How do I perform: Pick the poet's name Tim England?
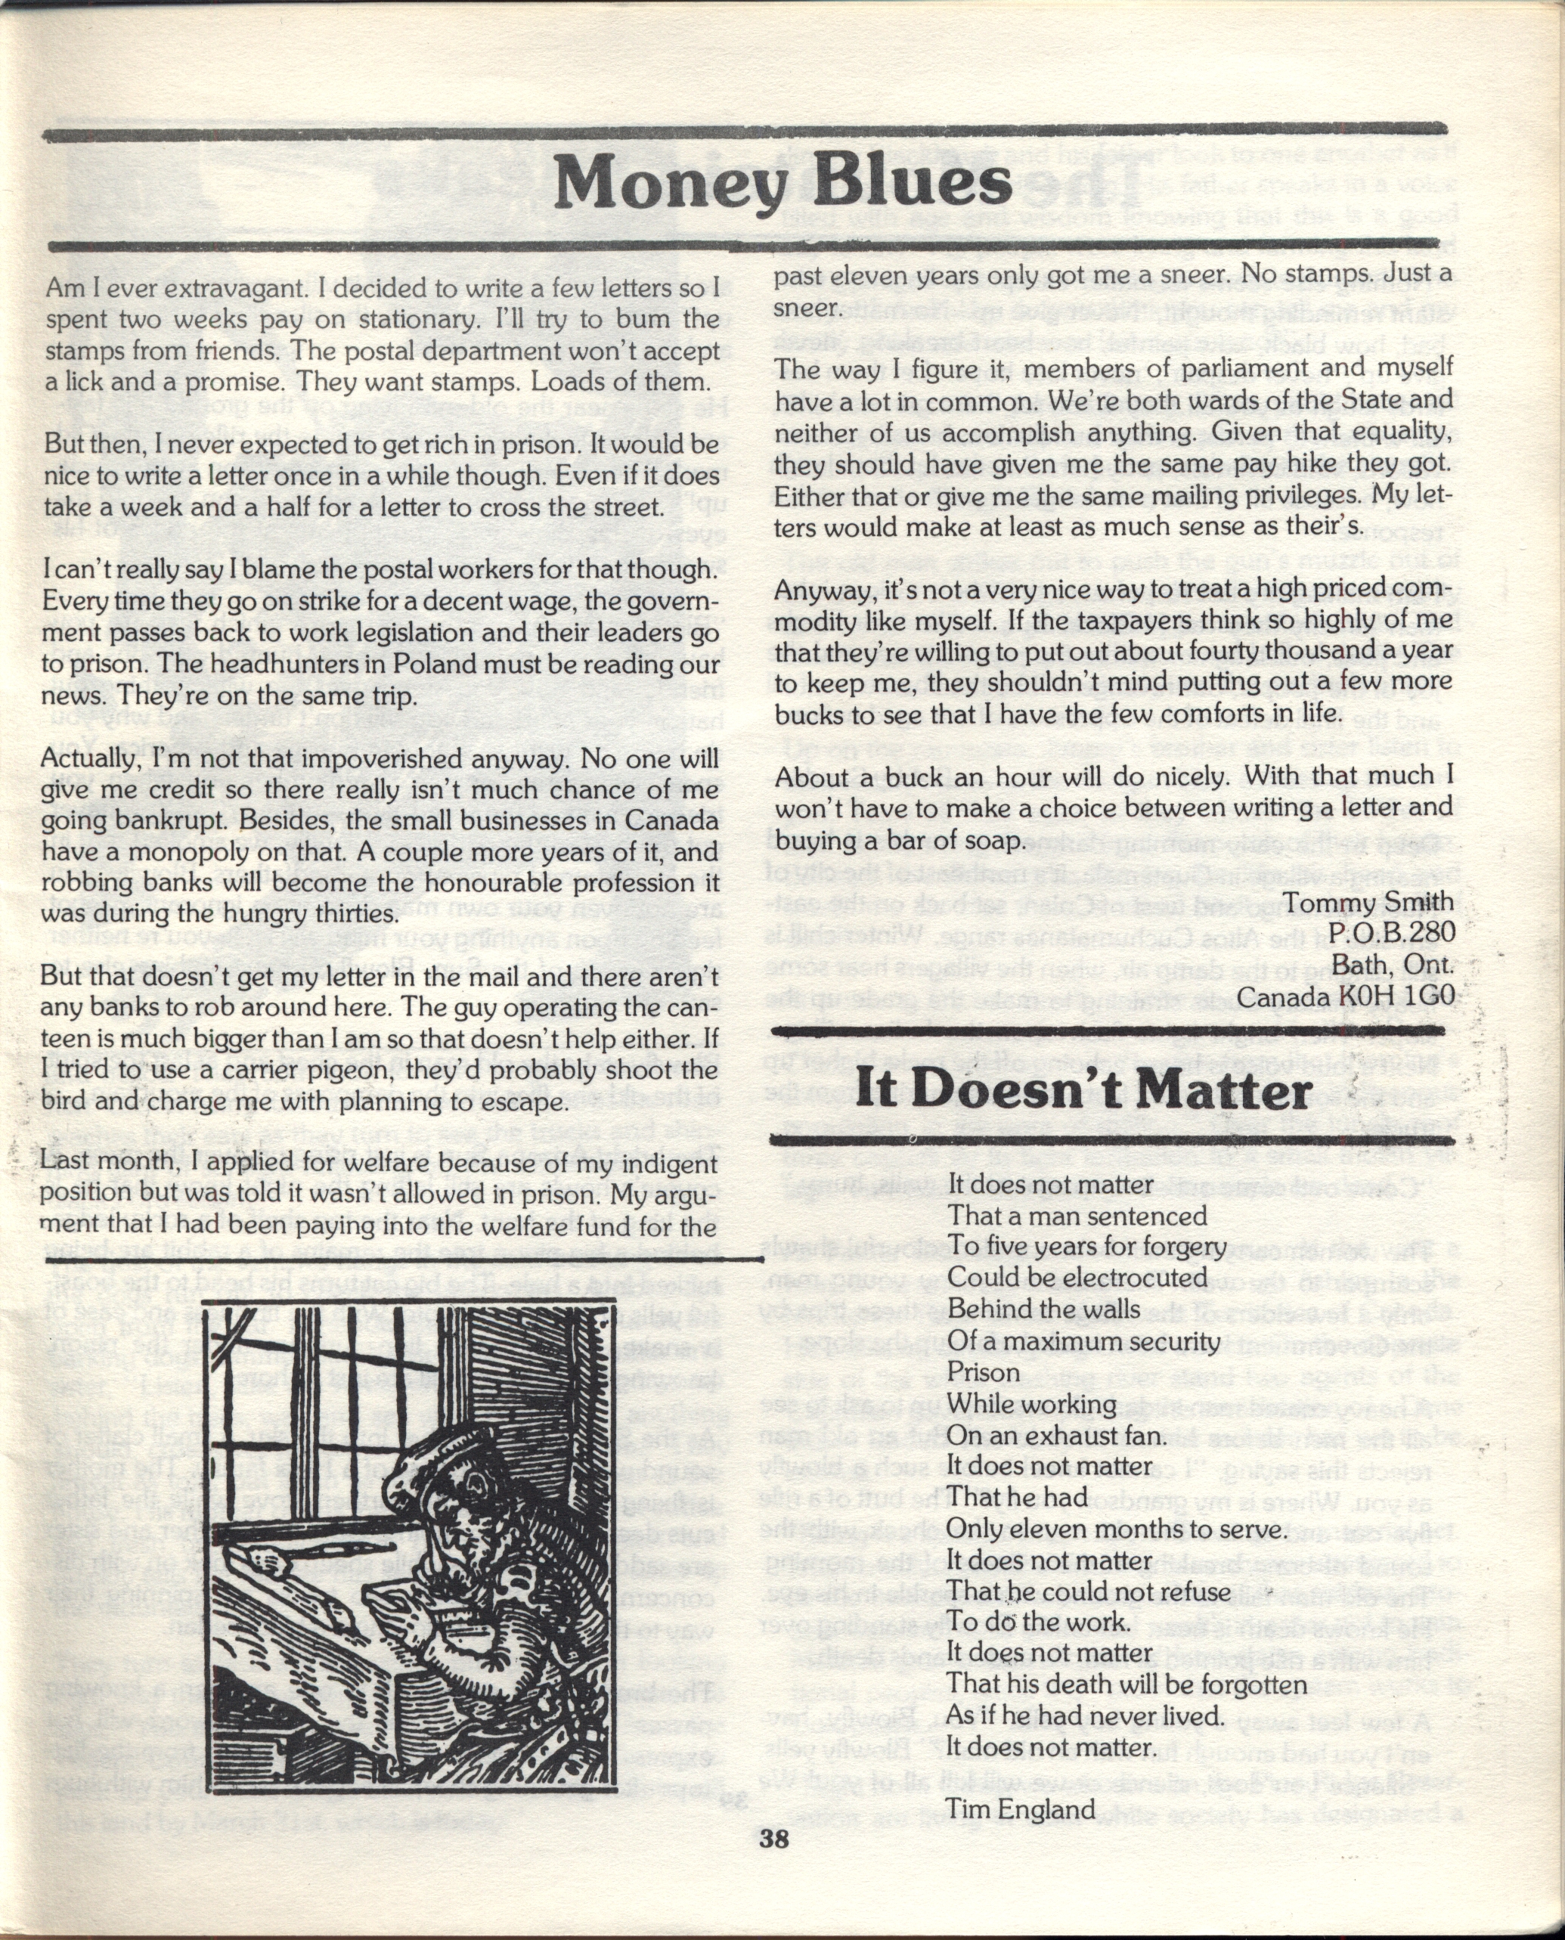pyautogui.click(x=1021, y=1808)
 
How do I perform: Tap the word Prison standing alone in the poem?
pyautogui.click(x=984, y=1373)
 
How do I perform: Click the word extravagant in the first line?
pyautogui.click(x=194, y=289)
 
